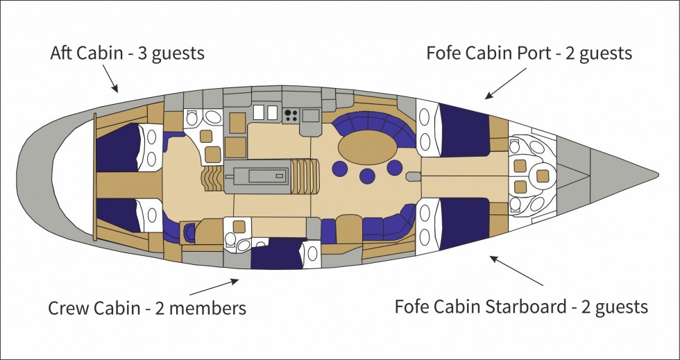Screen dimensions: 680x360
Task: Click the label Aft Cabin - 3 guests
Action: point(127,53)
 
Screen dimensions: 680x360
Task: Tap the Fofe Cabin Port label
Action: point(488,53)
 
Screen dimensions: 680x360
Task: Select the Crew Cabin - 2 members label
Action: point(147,309)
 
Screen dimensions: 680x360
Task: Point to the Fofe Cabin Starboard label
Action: point(480,307)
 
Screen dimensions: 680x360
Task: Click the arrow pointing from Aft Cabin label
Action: point(110,78)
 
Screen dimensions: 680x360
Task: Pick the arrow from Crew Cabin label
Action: point(214,287)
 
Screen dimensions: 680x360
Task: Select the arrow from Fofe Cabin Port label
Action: point(505,83)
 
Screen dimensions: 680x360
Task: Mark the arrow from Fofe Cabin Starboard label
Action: point(516,271)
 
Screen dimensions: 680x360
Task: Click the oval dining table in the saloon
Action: point(367,148)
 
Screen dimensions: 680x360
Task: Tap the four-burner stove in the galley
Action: point(291,115)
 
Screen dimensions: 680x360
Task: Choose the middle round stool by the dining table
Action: point(367,176)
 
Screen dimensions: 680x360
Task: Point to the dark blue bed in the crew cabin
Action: point(277,255)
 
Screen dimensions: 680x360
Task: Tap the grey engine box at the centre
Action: point(257,176)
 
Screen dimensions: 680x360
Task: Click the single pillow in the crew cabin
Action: point(312,254)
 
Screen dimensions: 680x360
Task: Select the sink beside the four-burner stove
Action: point(312,115)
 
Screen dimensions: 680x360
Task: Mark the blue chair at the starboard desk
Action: point(189,232)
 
